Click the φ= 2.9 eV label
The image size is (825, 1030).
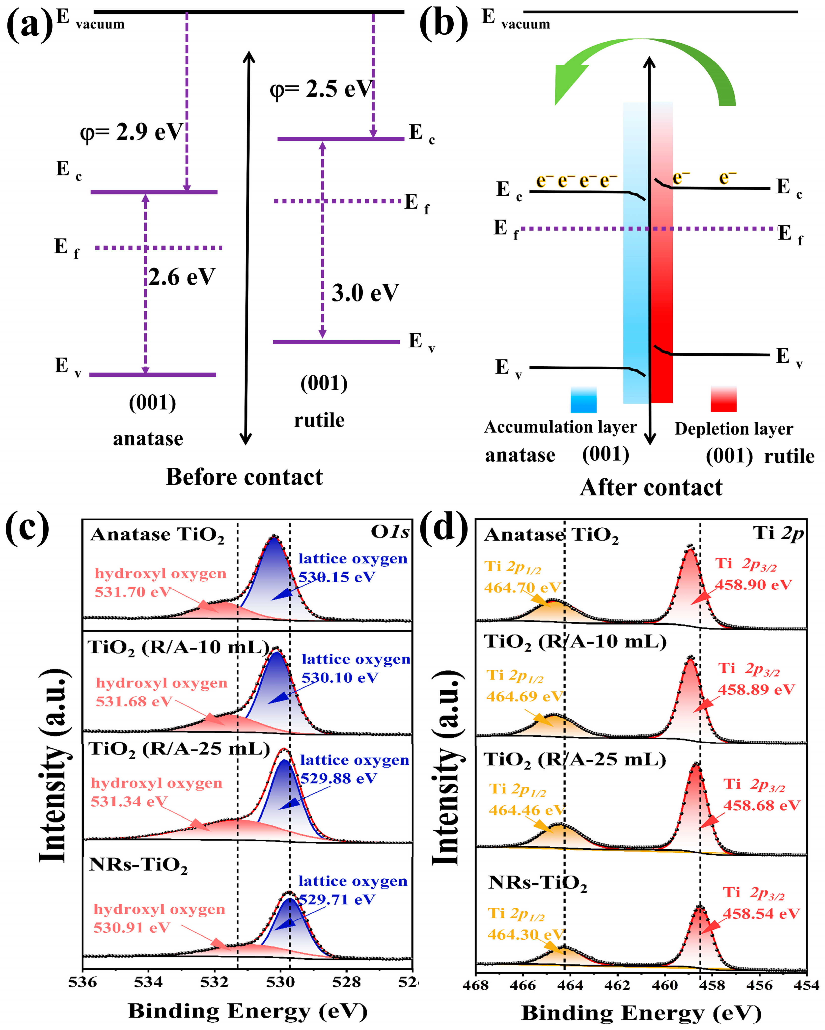coord(131,132)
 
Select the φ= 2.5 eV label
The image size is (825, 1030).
coord(320,89)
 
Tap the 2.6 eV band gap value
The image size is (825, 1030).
coord(182,277)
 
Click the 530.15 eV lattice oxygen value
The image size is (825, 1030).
coord(337,577)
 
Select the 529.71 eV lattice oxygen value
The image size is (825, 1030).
coord(337,900)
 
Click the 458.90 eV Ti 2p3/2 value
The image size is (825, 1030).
coord(753,585)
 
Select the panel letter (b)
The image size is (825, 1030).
coord(443,24)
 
